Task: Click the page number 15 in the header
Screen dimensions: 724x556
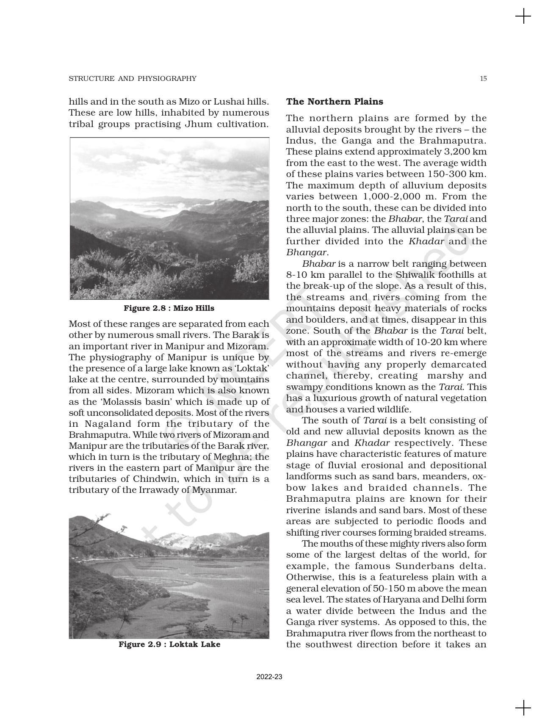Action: pos(483,78)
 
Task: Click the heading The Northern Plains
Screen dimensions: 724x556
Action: pos(335,102)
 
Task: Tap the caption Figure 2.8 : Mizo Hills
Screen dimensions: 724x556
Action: pos(169,308)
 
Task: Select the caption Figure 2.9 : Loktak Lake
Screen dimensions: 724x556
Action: pos(169,644)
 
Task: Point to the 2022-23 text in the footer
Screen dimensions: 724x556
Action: pos(269,677)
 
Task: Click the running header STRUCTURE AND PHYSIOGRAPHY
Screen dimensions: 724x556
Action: pos(133,78)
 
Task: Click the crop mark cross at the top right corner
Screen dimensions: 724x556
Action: pos(523,17)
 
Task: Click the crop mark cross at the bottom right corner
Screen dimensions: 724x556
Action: pos(523,707)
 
